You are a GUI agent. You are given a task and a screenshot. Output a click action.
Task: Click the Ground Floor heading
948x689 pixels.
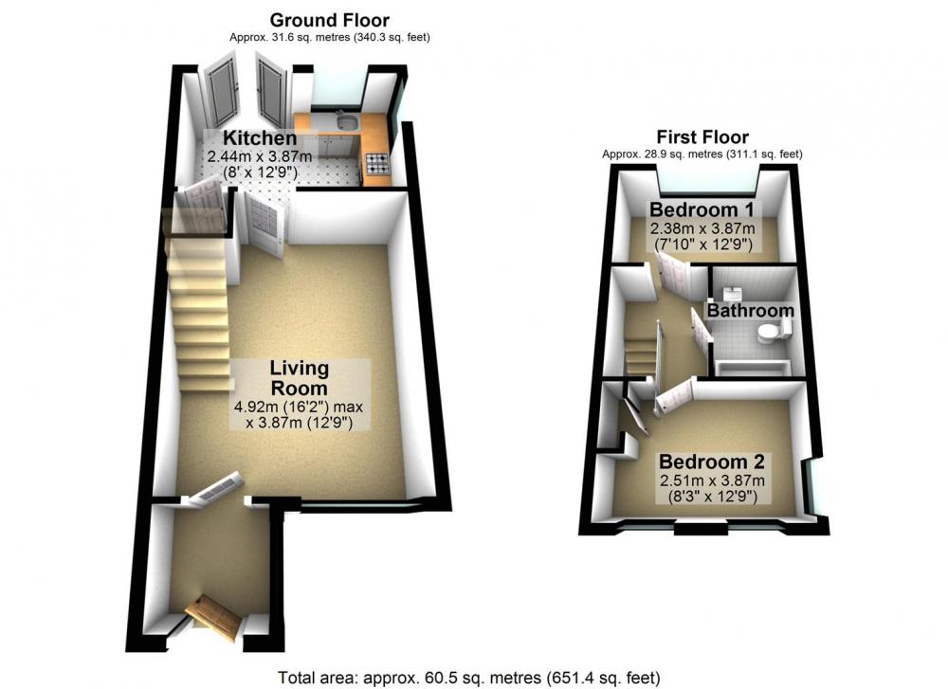(330, 20)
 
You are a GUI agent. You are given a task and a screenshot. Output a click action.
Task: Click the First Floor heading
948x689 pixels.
(702, 136)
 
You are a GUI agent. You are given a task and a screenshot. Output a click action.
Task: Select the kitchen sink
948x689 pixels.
(347, 122)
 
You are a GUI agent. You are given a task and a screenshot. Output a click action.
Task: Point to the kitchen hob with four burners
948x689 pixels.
(376, 161)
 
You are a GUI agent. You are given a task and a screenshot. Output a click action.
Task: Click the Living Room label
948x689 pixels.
(299, 378)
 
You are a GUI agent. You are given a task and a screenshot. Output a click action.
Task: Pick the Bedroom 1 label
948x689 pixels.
(702, 209)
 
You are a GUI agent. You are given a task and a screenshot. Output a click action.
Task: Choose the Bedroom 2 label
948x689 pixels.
(712, 462)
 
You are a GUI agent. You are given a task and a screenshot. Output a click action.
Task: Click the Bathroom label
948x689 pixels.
(750, 311)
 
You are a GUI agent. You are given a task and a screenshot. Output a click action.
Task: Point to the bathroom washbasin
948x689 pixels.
(734, 294)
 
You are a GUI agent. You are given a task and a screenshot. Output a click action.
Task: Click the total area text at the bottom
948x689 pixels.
(469, 678)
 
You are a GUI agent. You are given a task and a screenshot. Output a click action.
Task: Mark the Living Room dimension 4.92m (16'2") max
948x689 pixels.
(298, 407)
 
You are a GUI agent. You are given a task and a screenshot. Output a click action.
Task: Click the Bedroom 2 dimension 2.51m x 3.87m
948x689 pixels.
(712, 481)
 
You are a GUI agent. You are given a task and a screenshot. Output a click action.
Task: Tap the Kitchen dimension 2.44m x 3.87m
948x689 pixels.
(260, 156)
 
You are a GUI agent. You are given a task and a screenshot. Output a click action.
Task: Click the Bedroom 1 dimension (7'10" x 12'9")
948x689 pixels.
(703, 245)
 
